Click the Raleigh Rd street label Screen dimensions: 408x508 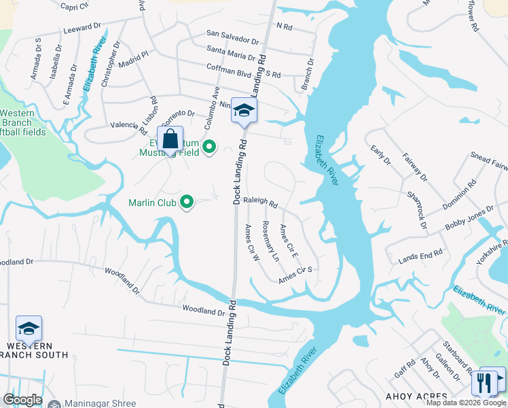click(261, 202)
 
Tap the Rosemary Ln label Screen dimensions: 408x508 click(270, 241)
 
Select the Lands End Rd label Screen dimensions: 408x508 click(420, 254)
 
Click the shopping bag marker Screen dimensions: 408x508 click(170, 139)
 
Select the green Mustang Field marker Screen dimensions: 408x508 click(209, 146)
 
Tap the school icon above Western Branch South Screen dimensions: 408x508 click(29, 328)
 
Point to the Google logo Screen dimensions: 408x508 click(23, 400)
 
